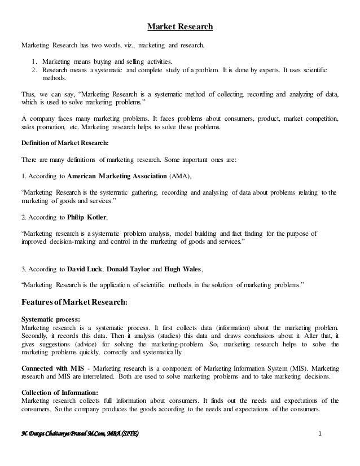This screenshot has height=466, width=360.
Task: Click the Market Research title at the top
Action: coord(180,26)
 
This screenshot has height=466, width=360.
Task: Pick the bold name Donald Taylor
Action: coord(129,269)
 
